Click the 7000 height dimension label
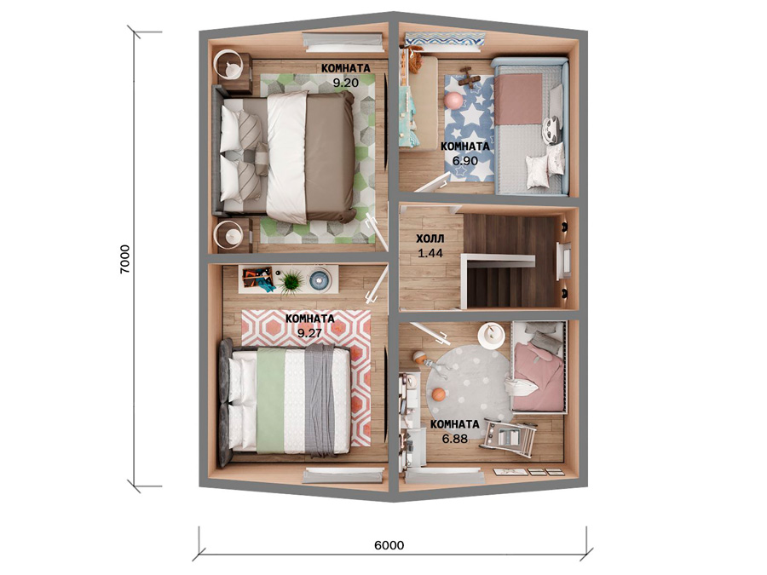point(125,259)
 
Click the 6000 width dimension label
point(389,544)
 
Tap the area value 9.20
point(346,83)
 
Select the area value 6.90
point(464,161)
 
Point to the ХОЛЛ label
point(430,239)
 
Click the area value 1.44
point(430,253)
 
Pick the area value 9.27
point(309,333)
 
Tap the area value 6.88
point(455,439)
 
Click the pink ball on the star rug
point(453,101)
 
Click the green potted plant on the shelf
point(291,282)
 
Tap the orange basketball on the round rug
point(439,394)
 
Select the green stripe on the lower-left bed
point(270,400)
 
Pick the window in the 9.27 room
point(343,475)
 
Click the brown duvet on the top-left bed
point(329,155)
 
